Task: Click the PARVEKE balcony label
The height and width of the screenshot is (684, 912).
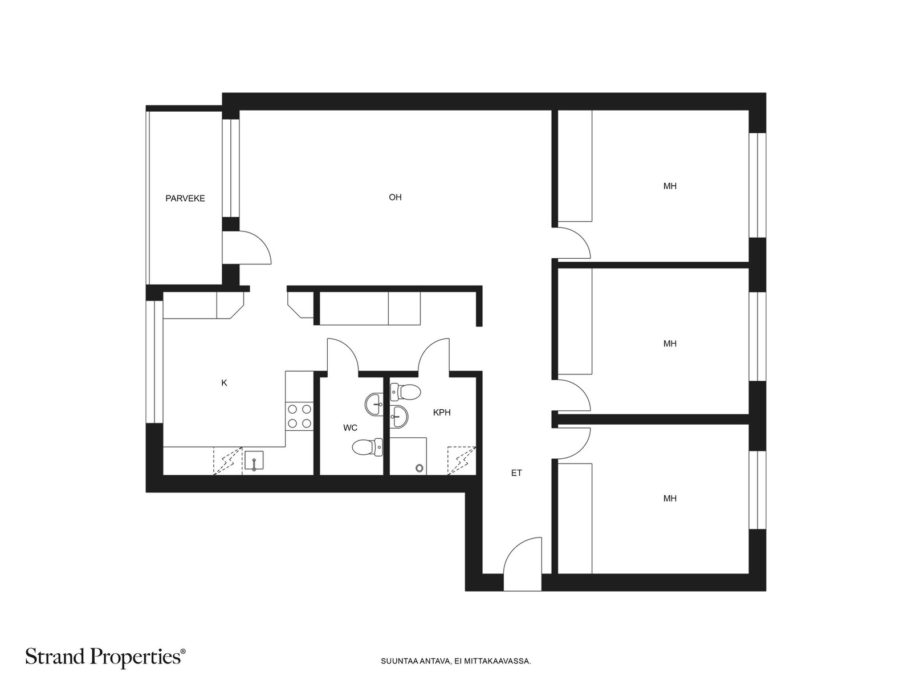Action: (185, 198)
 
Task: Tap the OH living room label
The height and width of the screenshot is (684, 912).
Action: (395, 197)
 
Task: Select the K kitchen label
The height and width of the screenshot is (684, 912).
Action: (224, 383)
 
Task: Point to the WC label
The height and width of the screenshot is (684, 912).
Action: (350, 427)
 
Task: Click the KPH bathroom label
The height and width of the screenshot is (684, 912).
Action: (442, 412)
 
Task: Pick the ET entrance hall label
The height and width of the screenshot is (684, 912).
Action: (516, 473)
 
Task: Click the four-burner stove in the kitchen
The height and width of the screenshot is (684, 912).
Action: (299, 417)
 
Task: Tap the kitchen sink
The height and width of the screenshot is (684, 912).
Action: (254, 461)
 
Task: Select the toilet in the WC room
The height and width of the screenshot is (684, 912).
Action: (367, 447)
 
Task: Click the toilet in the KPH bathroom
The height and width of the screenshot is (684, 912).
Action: (405, 392)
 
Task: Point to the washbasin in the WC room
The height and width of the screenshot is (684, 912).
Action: (374, 404)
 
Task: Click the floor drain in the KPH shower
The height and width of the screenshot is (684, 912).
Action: (420, 468)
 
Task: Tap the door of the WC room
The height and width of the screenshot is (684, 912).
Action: (343, 356)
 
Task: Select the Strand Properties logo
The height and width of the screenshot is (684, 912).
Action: (105, 657)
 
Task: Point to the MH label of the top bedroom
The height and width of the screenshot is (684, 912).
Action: (670, 186)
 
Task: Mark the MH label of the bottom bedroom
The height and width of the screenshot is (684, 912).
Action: (670, 498)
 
